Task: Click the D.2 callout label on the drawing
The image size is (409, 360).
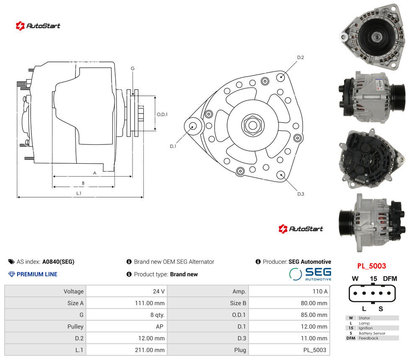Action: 300,57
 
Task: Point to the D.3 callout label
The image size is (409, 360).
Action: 301,194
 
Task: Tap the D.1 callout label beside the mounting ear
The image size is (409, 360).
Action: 173,147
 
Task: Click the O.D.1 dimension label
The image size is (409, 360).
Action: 162,114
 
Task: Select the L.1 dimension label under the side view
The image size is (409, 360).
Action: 79,193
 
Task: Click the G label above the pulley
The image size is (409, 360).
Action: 132,69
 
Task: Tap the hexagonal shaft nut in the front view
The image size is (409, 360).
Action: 253,125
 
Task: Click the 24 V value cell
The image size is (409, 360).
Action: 159,291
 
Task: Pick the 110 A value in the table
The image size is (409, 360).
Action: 320,291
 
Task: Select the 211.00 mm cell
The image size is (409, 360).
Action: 150,350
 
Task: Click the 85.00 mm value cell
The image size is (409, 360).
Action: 314,315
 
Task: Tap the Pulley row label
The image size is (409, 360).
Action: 75,327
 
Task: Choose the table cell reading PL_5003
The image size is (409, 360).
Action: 315,350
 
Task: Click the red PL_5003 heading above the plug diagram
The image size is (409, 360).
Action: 371,266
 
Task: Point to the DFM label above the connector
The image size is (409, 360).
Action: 390,278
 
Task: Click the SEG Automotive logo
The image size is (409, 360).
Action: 311,274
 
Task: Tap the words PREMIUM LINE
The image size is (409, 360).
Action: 37,274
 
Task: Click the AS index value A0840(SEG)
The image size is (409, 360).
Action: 58,262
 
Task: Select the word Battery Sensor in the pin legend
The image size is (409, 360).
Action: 372,333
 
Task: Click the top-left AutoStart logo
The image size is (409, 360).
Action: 38,26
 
